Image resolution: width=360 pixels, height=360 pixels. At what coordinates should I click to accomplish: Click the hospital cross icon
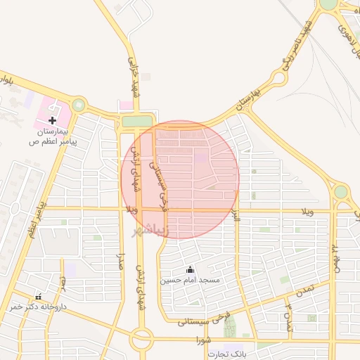pyautogui.click(x=52, y=121)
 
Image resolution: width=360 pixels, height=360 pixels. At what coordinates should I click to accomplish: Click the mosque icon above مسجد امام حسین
pyautogui.click(x=189, y=269)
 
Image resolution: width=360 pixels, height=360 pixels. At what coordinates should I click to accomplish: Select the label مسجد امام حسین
pyautogui.click(x=189, y=280)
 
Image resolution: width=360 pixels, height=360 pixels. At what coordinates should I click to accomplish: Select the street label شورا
pyautogui.click(x=204, y=340)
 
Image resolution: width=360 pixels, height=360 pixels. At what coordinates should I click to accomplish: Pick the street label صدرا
pyautogui.click(x=121, y=263)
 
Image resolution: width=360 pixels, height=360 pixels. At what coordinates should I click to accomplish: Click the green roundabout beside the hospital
pyautogui.click(x=78, y=105)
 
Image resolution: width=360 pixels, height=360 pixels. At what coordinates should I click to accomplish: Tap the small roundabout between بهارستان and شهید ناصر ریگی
pyautogui.click(x=279, y=78)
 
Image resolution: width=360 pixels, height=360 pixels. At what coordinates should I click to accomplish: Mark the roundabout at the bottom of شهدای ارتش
pyautogui.click(x=141, y=342)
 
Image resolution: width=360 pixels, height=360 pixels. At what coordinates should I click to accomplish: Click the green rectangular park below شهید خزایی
pyautogui.click(x=136, y=121)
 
